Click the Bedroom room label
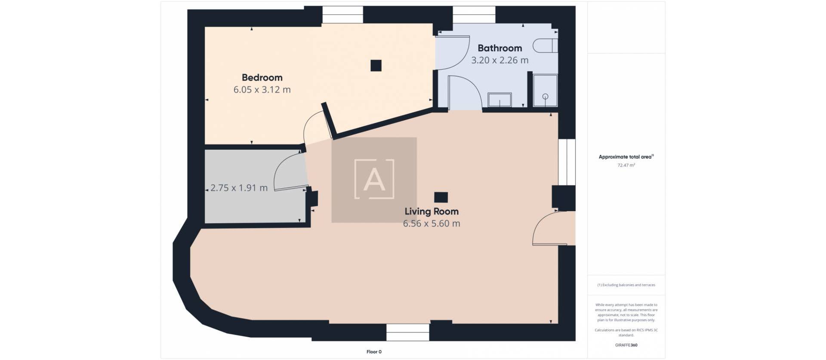(262, 78)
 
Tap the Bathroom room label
(499, 48)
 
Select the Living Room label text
(431, 212)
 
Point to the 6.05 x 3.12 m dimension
(262, 90)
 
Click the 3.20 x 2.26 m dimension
(499, 60)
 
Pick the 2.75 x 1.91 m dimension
(239, 188)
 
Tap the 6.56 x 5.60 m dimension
(431, 224)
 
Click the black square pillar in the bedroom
(376, 65)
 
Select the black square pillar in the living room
(441, 197)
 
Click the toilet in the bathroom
(546, 46)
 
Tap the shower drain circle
(546, 96)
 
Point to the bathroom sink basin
(499, 100)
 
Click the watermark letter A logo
(374, 179)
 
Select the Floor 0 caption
(374, 352)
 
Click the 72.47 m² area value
(626, 165)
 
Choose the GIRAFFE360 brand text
(626, 345)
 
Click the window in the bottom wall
(407, 332)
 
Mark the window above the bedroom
(342, 15)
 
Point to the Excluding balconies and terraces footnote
(626, 285)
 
